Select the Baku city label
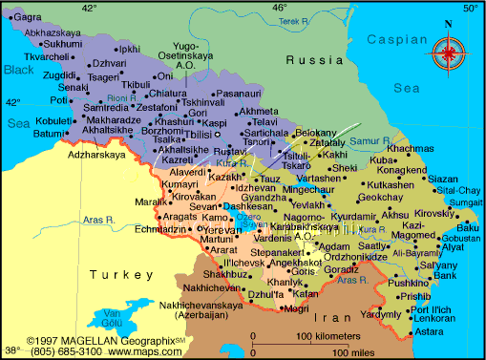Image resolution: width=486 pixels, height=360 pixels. (467, 226)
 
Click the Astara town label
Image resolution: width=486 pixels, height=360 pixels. (430, 330)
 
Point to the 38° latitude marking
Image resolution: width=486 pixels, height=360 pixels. (11, 350)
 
